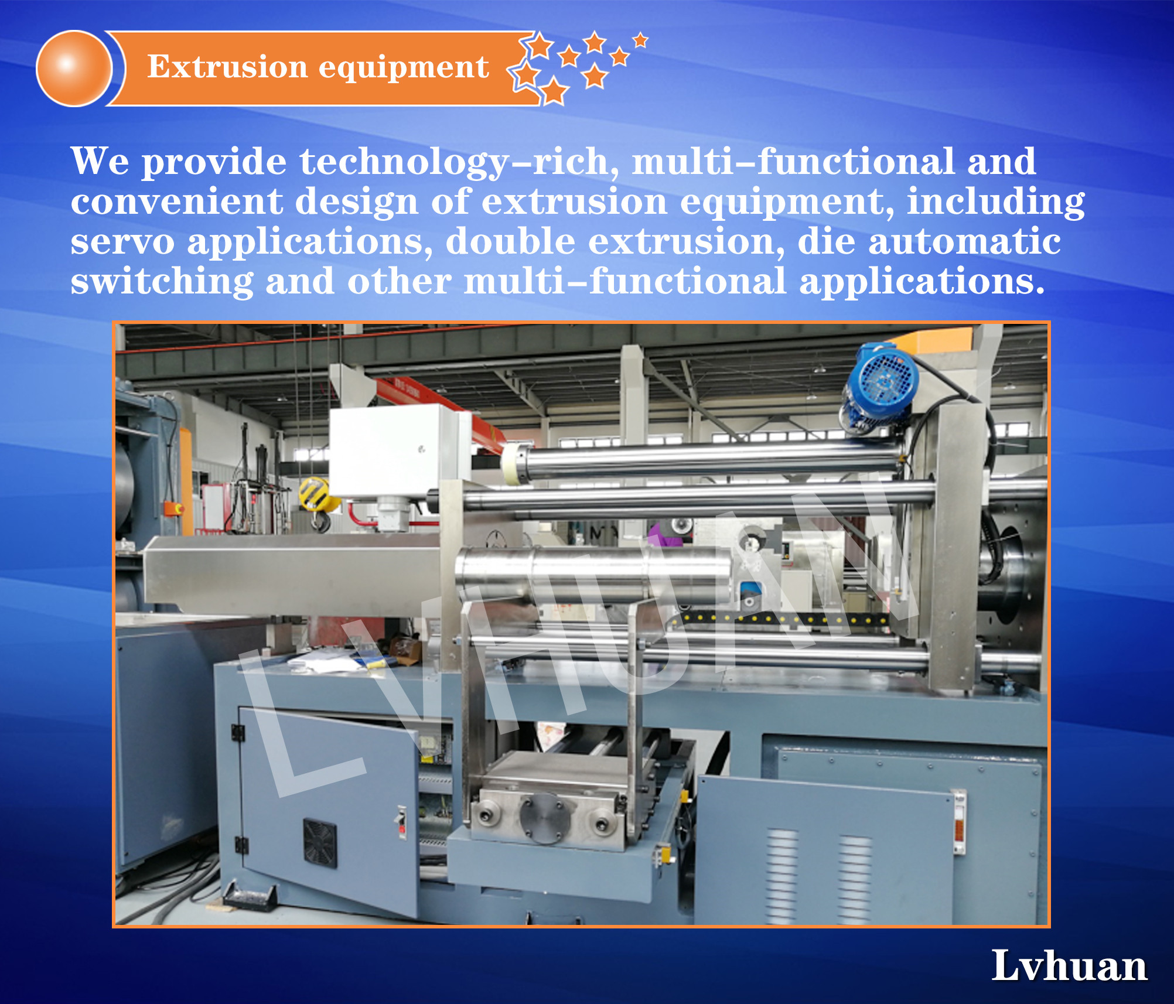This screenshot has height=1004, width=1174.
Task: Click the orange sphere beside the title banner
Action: coord(74,68)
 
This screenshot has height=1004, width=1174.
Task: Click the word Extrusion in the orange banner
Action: coord(227,66)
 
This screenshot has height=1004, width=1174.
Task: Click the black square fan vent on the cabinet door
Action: coord(320,842)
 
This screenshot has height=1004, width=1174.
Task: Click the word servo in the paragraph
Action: coord(122,241)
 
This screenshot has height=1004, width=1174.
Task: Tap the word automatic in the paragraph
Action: coord(964,241)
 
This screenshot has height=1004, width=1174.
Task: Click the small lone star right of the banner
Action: coord(640,40)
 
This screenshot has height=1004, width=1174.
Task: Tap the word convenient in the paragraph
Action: coord(176,202)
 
